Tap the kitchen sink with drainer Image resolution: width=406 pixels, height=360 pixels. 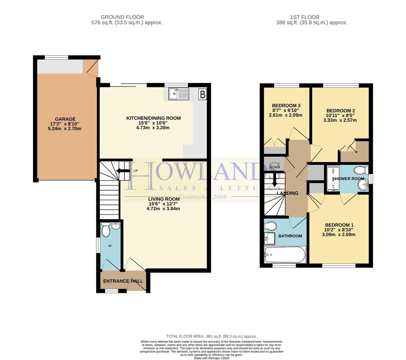(x=178, y=94)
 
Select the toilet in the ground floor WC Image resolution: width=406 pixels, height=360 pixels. (x=106, y=229)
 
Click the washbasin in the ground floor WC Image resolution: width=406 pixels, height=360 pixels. (x=116, y=226)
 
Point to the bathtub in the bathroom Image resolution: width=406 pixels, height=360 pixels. (x=285, y=254)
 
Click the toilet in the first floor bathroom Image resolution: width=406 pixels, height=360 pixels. (x=270, y=226)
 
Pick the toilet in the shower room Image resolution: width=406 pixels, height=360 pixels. (x=361, y=170)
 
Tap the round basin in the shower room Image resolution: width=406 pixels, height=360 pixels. (x=363, y=184)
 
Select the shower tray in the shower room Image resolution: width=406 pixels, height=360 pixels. (x=333, y=178)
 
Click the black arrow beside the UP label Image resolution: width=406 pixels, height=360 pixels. (x=123, y=171)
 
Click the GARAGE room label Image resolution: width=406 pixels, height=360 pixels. (x=65, y=119)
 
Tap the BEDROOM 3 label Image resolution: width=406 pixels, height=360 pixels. (x=286, y=106)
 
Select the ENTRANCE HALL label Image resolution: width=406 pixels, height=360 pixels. (x=123, y=281)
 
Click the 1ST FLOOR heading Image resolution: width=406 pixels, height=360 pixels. (x=304, y=17)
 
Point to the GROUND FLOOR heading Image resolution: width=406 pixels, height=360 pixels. (x=122, y=17)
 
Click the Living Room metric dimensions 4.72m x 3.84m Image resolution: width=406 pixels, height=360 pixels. (x=163, y=208)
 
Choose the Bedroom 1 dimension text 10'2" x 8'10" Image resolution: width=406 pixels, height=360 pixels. (x=339, y=230)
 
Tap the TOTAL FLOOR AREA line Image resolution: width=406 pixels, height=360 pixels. (x=211, y=336)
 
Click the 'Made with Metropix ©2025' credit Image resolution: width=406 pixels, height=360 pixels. (x=211, y=358)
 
